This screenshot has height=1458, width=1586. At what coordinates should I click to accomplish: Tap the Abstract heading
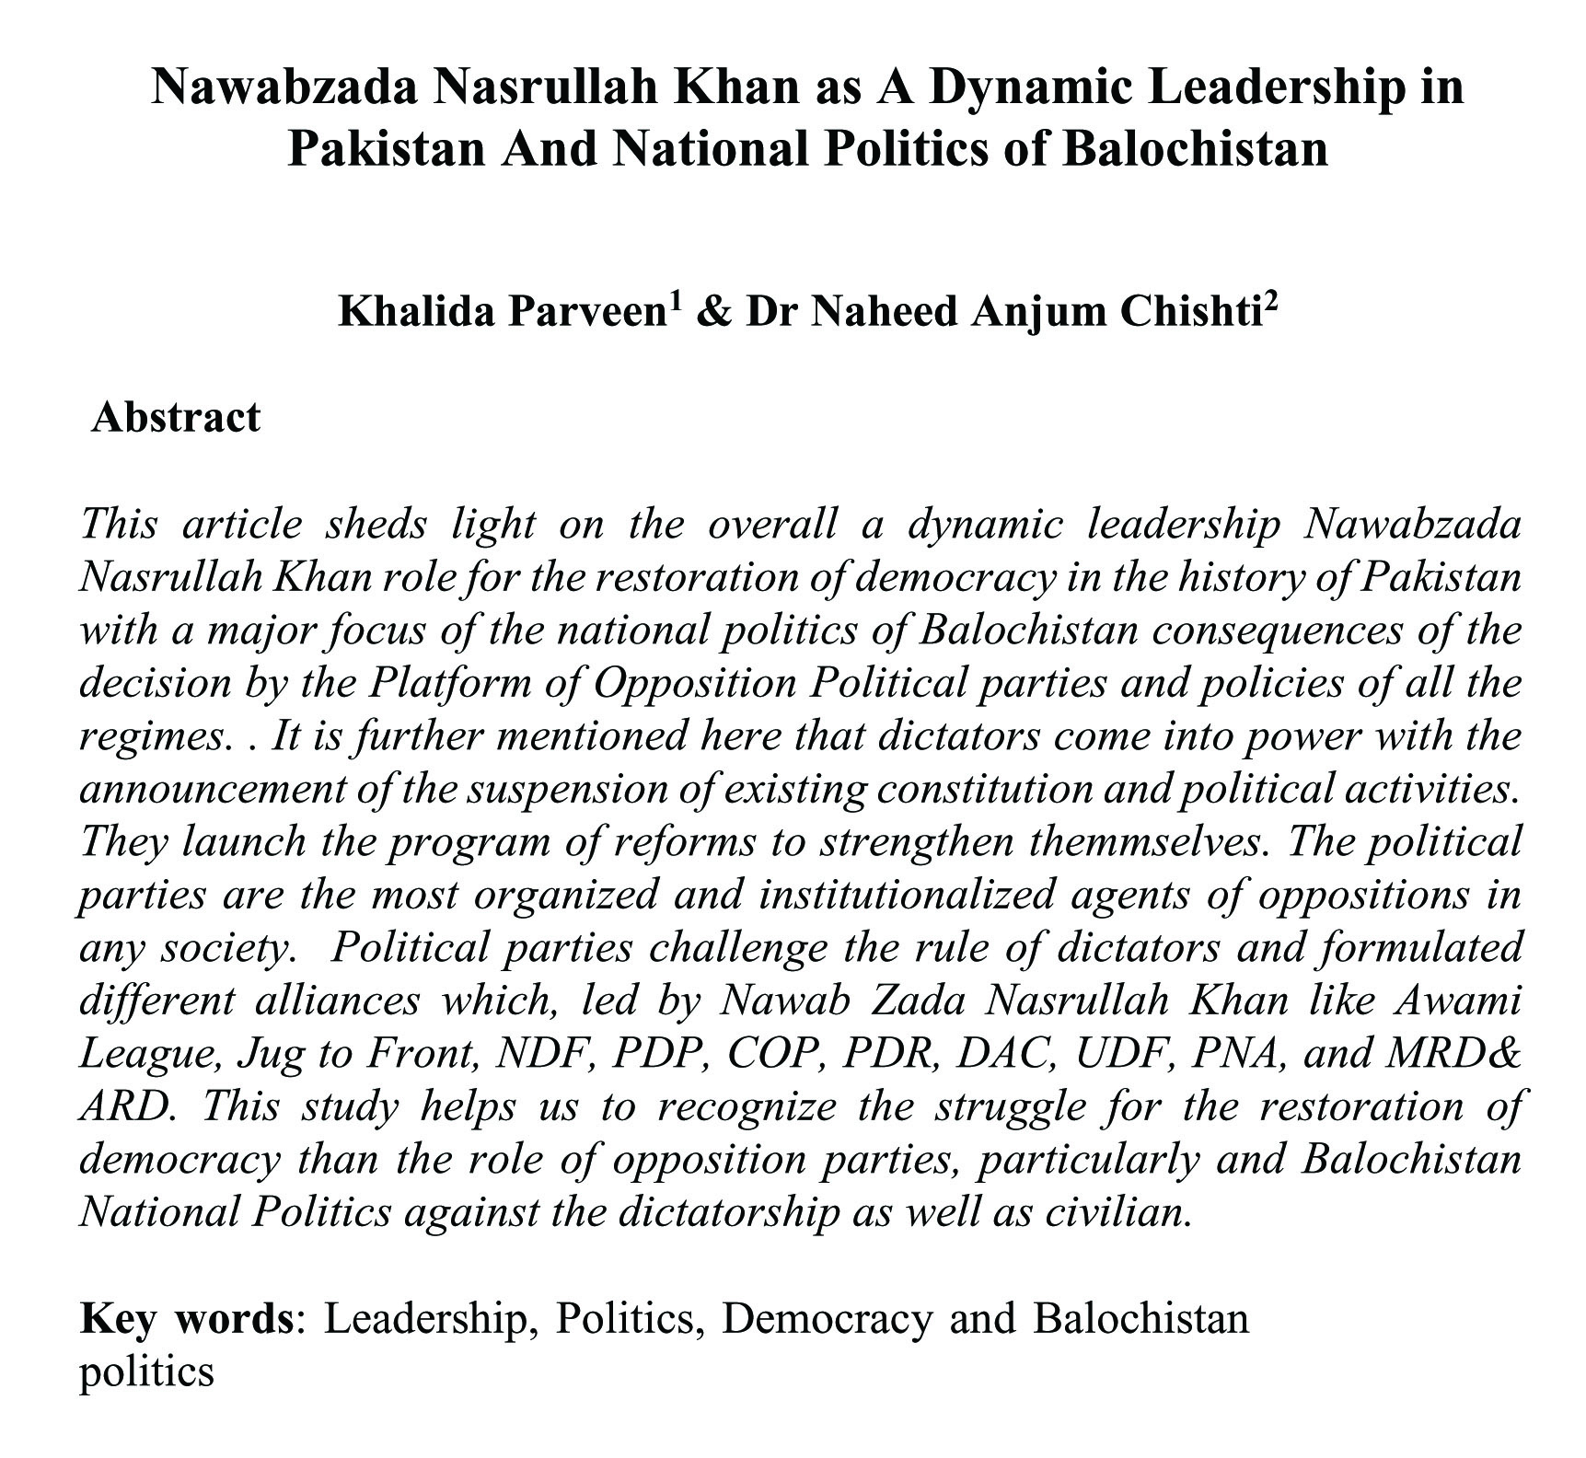click(176, 417)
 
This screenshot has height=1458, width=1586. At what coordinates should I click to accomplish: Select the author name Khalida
click(412, 313)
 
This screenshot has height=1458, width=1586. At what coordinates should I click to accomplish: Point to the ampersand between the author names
click(712, 313)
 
